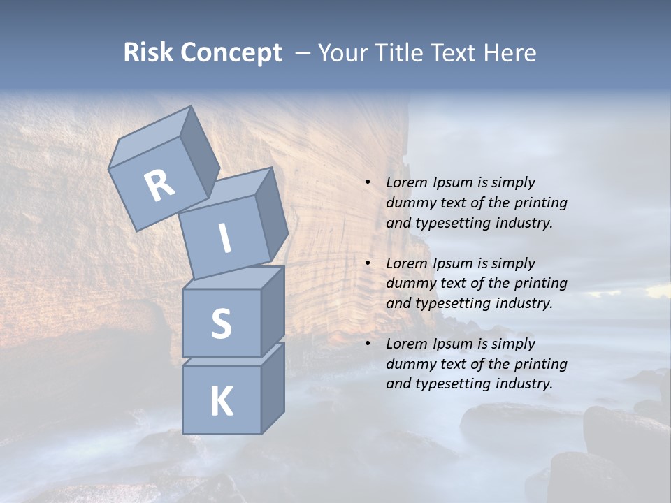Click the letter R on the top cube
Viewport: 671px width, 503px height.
pos(160,186)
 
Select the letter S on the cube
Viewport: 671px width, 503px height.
pos(221,323)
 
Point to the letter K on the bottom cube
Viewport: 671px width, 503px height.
pos(221,402)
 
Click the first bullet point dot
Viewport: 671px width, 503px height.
pos(368,182)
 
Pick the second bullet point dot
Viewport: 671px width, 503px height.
pos(368,263)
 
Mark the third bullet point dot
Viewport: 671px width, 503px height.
pos(368,344)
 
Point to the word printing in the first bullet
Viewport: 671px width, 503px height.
pos(541,203)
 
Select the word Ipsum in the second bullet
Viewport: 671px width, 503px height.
pos(455,263)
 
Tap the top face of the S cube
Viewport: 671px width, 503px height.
pos(235,278)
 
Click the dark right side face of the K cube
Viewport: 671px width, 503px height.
pos(273,388)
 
